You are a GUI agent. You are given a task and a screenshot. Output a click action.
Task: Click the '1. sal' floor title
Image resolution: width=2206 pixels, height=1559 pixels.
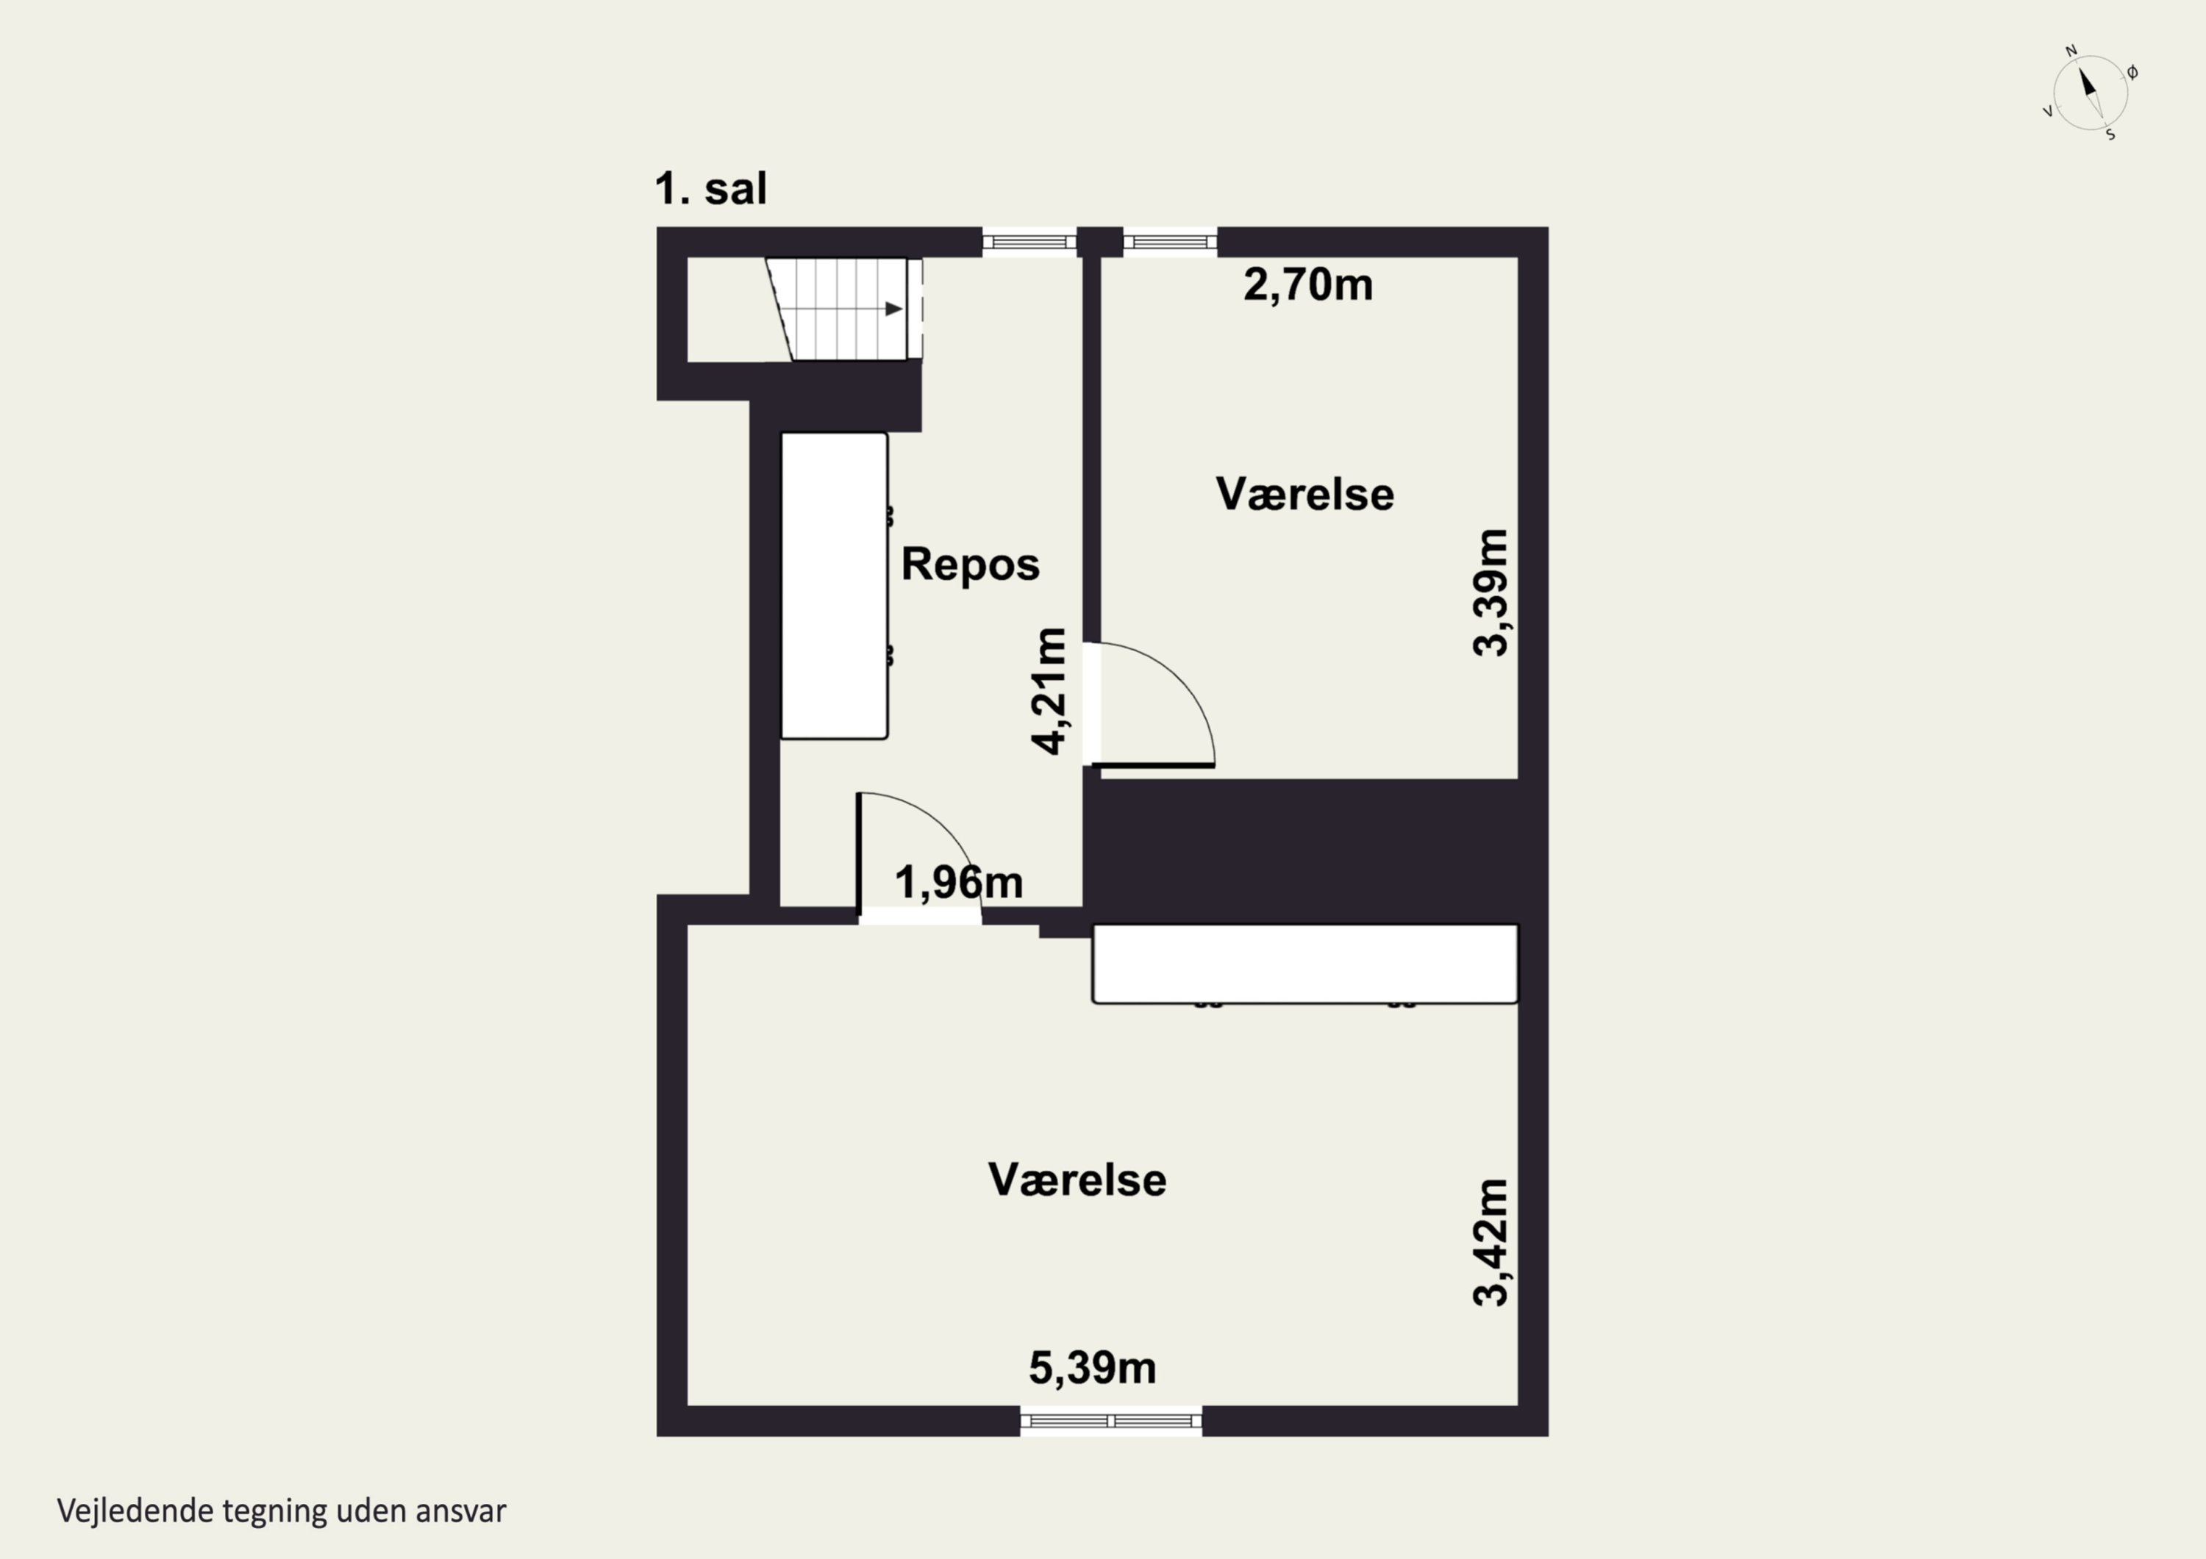point(710,188)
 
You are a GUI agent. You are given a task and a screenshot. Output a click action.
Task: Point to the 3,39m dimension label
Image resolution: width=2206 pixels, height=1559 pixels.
point(1491,592)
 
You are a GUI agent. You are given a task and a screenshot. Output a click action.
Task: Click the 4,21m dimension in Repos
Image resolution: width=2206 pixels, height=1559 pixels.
point(1049,691)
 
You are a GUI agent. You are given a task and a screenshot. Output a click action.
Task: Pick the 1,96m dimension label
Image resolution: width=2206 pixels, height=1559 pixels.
point(959,882)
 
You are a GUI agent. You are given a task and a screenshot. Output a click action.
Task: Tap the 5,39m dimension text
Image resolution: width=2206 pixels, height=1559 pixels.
point(1093,1368)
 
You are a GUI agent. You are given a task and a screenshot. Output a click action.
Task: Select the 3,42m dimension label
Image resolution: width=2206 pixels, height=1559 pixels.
point(1491,1242)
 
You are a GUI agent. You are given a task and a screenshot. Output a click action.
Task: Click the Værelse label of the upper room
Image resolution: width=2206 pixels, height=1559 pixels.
point(1304,494)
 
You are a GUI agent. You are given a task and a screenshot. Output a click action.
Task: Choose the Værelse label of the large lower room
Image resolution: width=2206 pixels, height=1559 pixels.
point(1077,1180)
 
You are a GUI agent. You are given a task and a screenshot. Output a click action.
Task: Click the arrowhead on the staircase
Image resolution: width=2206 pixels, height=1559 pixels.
point(893,308)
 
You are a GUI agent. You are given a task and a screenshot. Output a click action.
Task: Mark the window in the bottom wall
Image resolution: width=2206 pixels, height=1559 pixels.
point(1110,1421)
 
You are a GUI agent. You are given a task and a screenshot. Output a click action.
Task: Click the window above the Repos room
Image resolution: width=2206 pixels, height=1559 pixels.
point(1029,241)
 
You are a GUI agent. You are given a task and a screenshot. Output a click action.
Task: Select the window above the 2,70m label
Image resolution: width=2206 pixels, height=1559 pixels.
point(1170,241)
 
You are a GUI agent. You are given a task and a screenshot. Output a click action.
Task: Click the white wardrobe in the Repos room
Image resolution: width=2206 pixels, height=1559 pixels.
point(834,586)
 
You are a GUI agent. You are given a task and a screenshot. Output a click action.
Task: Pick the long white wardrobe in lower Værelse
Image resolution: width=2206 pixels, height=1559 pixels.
point(1304,964)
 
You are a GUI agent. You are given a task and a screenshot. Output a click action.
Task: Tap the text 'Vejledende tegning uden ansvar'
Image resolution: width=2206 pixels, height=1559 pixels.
point(282,1511)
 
